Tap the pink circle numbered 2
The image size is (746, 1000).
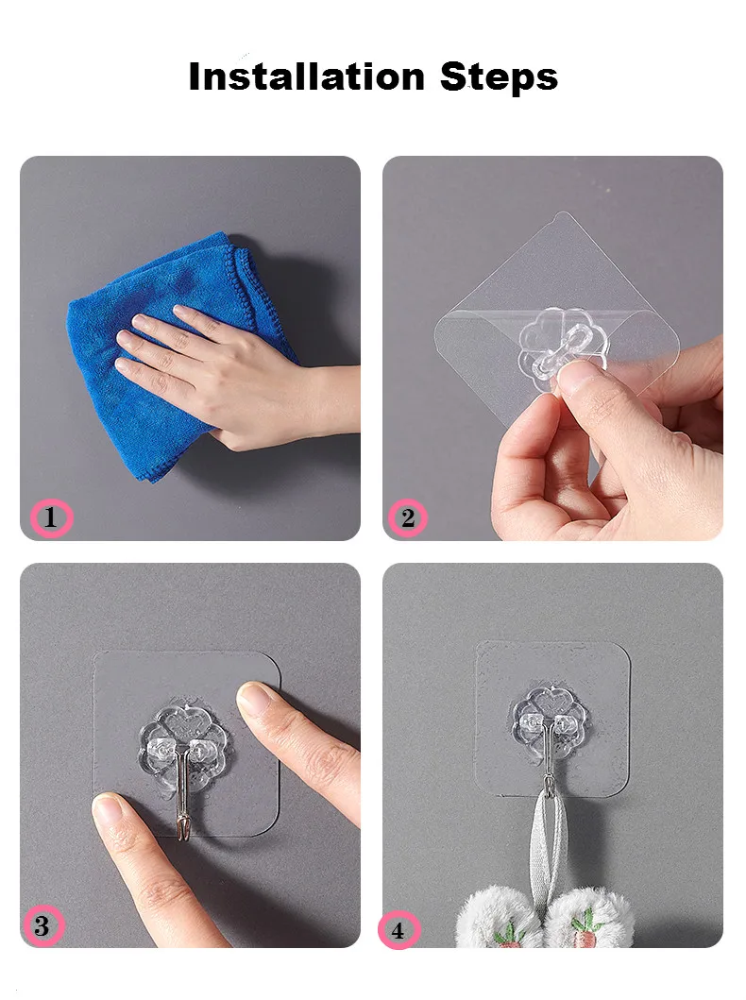408,518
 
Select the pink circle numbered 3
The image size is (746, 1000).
42,926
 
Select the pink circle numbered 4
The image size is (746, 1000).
398,930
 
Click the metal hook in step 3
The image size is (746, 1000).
186,803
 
